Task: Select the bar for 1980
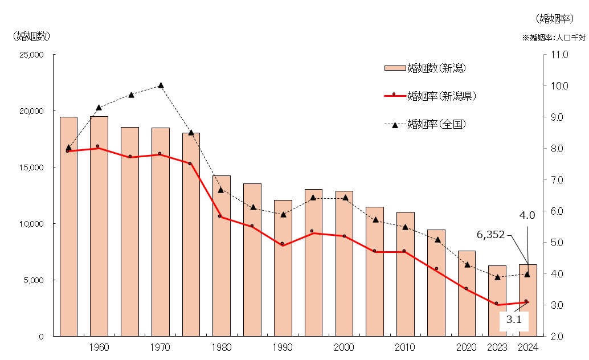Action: point(222,256)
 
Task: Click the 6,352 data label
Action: point(490,235)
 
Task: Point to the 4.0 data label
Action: point(527,215)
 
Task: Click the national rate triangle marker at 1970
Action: point(161,85)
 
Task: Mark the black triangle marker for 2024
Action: point(527,274)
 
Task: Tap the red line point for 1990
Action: point(283,244)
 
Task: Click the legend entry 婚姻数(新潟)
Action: point(436,68)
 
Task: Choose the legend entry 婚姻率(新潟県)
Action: point(441,96)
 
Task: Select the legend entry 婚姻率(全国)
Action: point(436,124)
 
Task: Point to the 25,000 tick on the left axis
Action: point(31,55)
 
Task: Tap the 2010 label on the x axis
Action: point(405,347)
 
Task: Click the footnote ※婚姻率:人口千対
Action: point(553,38)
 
